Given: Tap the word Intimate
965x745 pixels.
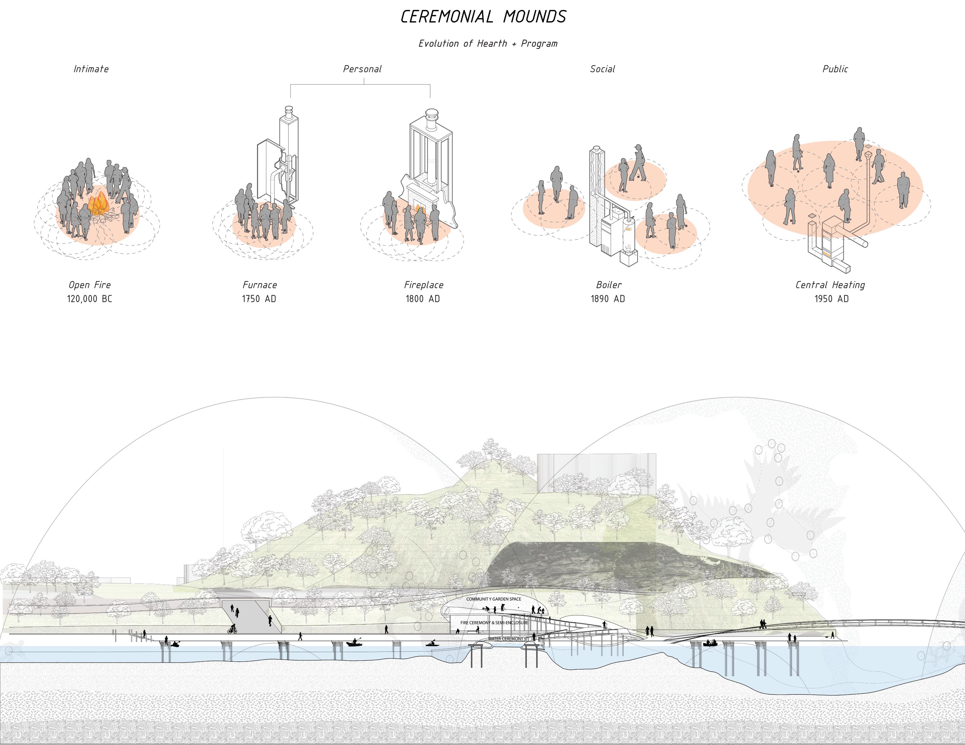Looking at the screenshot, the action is click(x=91, y=69).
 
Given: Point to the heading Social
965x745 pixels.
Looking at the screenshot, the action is click(x=602, y=69).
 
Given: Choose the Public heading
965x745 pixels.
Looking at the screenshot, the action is click(x=835, y=69).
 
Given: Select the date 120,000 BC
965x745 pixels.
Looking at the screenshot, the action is click(x=90, y=299).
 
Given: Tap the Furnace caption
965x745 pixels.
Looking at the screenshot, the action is click(x=260, y=285).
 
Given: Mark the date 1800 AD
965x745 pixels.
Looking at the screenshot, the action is click(x=423, y=299).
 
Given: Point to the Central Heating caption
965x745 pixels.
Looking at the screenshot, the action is click(x=830, y=285).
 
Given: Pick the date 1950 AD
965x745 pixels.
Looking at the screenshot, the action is click(x=832, y=299).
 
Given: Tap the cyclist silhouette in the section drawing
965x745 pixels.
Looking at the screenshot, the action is click(x=232, y=629).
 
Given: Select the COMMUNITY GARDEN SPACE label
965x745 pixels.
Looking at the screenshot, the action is click(x=493, y=599).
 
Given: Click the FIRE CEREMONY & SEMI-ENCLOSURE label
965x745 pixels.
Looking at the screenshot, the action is click(x=494, y=623).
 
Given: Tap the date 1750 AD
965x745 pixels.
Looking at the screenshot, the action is click(x=259, y=299).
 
